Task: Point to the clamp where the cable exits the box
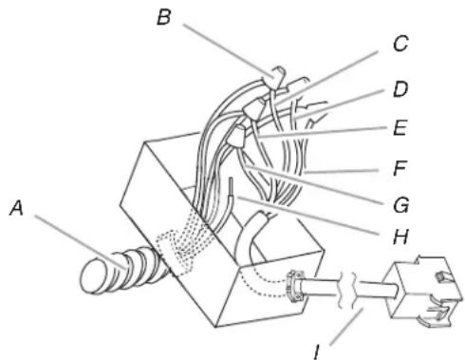(x=292, y=285)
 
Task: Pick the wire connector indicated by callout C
(x=251, y=113)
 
